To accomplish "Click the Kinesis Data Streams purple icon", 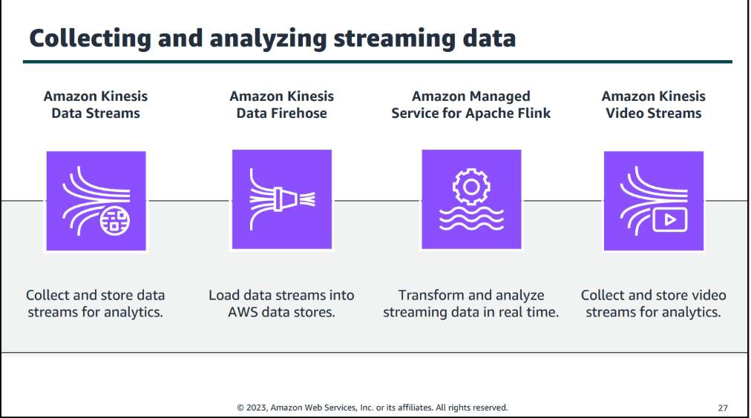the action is tap(96, 201).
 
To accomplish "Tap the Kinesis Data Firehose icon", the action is tap(282, 199).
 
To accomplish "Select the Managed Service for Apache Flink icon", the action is tap(471, 199).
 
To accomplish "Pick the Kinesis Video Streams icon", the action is tap(654, 201).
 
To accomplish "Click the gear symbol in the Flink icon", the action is tap(471, 187).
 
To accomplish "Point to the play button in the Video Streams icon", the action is tap(670, 219).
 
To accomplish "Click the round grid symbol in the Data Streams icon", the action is tap(114, 220).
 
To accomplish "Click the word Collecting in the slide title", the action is tap(90, 39).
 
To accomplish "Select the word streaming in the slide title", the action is tap(394, 39).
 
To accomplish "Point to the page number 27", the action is tap(723, 408).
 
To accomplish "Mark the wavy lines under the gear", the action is tap(471, 219).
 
